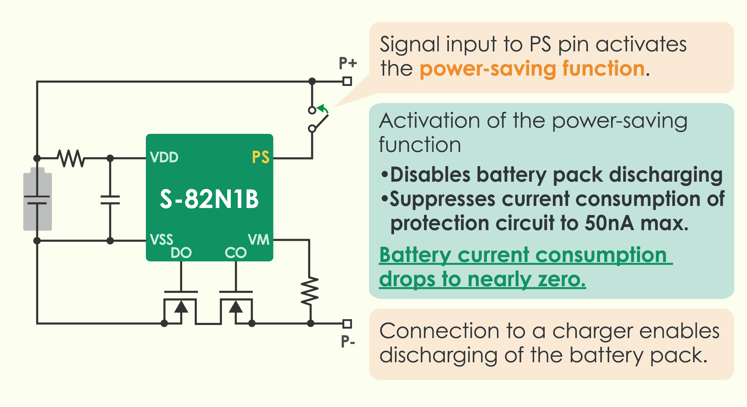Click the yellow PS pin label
(x=260, y=157)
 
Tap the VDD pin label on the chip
(x=164, y=157)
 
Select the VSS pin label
(x=162, y=239)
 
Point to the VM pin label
(x=258, y=239)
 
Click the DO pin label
(x=181, y=253)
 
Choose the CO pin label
(x=236, y=253)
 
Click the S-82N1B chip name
(x=209, y=199)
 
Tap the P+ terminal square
(x=347, y=81)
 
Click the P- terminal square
(x=347, y=324)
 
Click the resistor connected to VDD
(x=71, y=158)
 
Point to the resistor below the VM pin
(x=310, y=291)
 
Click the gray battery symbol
(x=37, y=199)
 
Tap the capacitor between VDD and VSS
(x=110, y=200)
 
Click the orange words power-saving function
(x=532, y=69)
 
